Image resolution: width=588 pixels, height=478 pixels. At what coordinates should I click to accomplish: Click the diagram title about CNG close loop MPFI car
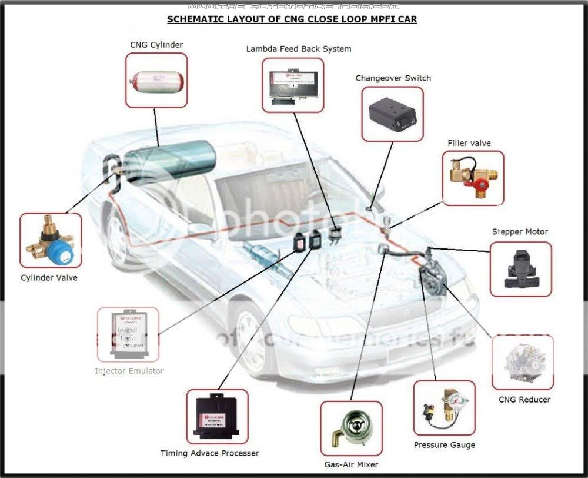pos(292,19)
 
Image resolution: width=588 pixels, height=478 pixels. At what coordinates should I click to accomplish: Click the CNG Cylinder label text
pos(156,45)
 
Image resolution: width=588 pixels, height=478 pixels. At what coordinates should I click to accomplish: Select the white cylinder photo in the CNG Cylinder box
pos(156,80)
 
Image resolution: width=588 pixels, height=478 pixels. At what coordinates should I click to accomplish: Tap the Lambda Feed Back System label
pos(298,49)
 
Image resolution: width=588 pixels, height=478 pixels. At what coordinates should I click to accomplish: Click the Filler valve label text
pos(469,143)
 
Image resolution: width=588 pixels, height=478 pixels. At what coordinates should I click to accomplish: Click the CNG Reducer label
pos(524,400)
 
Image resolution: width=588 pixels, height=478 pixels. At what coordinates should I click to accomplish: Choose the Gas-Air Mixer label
pos(350,464)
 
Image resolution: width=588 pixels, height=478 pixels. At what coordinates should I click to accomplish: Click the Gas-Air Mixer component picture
pos(351,429)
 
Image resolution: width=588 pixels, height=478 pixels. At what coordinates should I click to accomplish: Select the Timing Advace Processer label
pos(209,453)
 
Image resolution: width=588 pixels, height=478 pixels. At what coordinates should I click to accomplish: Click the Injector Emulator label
pos(129,371)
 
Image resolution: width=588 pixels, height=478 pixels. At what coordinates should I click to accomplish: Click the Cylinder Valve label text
pos(49,278)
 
